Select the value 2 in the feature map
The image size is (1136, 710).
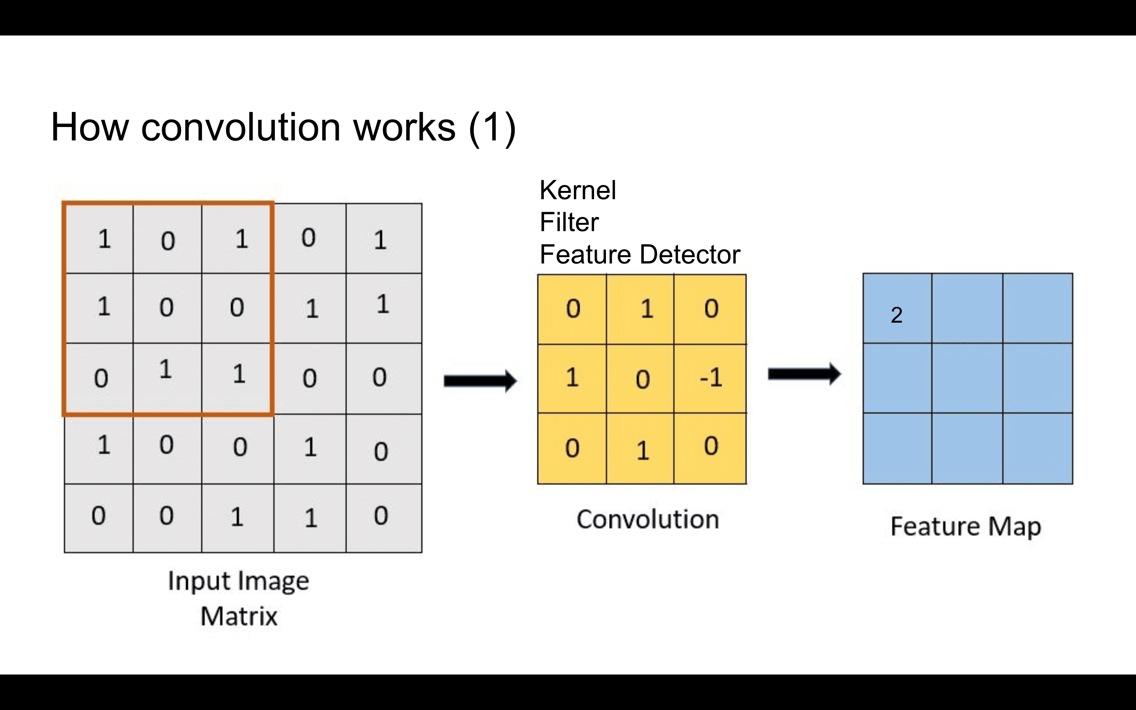coord(897,315)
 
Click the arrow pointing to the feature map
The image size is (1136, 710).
coord(803,374)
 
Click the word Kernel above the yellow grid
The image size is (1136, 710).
coord(577,190)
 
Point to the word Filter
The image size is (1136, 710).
coord(569,222)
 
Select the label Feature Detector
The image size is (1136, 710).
coord(639,254)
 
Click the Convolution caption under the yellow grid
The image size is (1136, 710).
coord(647,519)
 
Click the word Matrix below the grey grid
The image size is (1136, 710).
coord(239,616)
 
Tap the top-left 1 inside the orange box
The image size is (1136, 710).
coord(104,239)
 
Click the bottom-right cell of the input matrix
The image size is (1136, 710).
coord(381,517)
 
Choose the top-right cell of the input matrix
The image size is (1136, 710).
coord(380,239)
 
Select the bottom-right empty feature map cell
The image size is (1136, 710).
coord(1037,448)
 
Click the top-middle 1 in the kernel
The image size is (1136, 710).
coord(646,309)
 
